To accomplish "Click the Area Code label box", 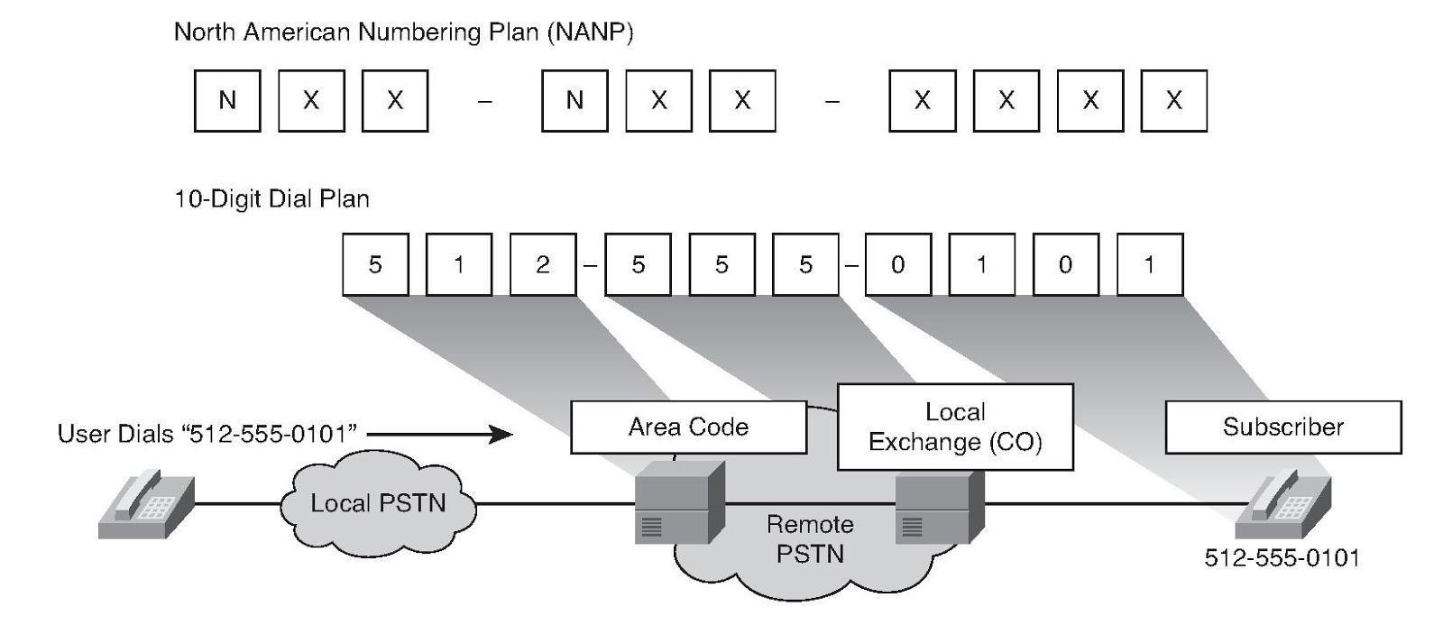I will point(688,427).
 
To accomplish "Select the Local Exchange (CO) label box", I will point(955,427).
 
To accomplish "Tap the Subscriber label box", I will point(1282,427).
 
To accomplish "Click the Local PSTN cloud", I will point(378,503).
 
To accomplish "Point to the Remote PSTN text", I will point(810,539).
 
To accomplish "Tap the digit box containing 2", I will point(542,264).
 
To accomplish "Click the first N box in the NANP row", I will point(227,100).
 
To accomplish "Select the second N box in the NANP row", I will point(574,100).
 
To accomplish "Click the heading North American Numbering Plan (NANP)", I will point(403,32).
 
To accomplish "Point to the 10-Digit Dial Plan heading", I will point(271,198).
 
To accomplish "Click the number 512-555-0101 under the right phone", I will point(1282,558).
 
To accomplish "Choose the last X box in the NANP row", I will point(1173,100).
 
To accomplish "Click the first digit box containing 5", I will point(375,264).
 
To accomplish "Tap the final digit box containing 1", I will point(1149,264).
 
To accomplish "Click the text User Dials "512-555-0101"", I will point(207,435).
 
